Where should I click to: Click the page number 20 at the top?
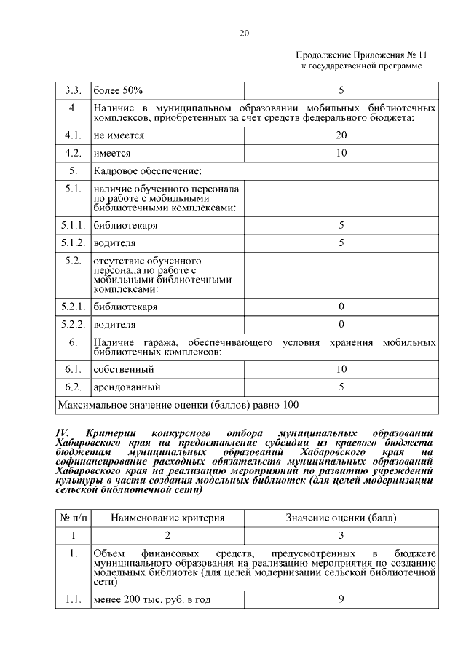pyautogui.click(x=244, y=33)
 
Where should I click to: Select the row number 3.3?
pyautogui.click(x=72, y=91)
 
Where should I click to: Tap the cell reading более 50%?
pyautogui.click(x=117, y=91)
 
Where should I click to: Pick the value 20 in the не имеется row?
pyautogui.click(x=341, y=135)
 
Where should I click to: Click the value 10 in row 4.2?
pyautogui.click(x=341, y=153)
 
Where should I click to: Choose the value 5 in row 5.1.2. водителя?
pyautogui.click(x=341, y=242)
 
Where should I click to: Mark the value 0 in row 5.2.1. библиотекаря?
pyautogui.click(x=341, y=307)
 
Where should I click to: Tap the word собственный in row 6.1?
pyautogui.click(x=123, y=370)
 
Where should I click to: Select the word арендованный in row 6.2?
pyautogui.click(x=127, y=387)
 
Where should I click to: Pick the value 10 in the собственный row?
pyautogui.click(x=341, y=370)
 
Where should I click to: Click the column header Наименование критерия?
pyautogui.click(x=167, y=518)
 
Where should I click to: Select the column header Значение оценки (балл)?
pyautogui.click(x=341, y=518)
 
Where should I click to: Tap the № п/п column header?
pyautogui.click(x=72, y=518)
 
